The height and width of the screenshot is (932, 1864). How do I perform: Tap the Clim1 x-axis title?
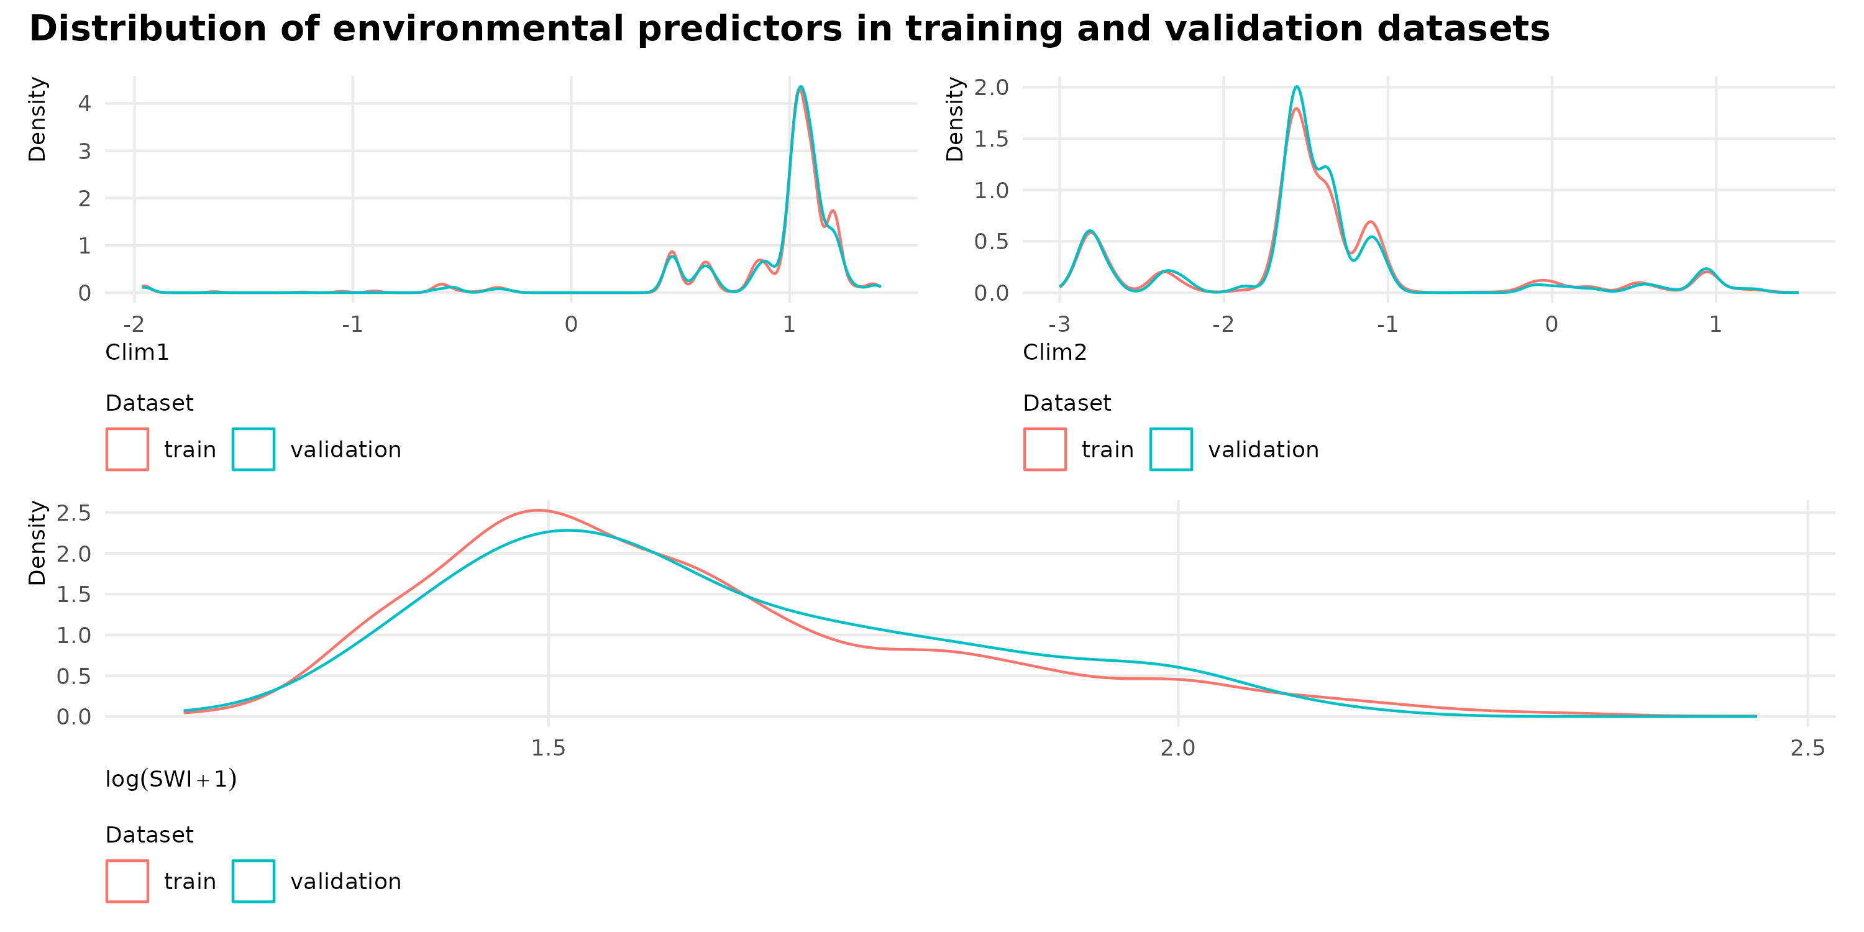(137, 352)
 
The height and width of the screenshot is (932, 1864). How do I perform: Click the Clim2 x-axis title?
(1054, 352)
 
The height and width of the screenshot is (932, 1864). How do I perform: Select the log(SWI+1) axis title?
(171, 779)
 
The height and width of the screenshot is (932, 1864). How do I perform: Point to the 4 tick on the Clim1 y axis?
(85, 104)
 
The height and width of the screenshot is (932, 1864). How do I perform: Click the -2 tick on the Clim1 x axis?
(134, 324)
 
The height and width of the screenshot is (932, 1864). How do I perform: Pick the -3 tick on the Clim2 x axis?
(1059, 324)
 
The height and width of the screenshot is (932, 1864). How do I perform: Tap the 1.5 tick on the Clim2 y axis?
(990, 139)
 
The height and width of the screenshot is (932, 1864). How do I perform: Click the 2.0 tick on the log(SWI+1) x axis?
(1178, 748)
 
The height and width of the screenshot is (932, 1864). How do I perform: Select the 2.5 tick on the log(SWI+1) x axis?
(1807, 748)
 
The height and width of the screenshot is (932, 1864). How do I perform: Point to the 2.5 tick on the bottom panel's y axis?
(74, 513)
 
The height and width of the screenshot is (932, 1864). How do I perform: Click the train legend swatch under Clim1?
(127, 449)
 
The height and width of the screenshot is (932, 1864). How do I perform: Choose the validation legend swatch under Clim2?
(1171, 449)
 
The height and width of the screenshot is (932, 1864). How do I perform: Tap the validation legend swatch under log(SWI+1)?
(254, 881)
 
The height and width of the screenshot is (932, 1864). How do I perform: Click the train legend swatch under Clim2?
(1045, 449)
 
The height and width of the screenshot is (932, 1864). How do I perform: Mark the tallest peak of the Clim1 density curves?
(800, 88)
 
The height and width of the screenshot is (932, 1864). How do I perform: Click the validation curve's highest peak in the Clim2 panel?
(1297, 88)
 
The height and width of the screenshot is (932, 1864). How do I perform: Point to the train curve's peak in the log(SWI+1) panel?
(537, 511)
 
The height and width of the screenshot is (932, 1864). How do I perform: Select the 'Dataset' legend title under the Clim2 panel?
(1067, 403)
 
